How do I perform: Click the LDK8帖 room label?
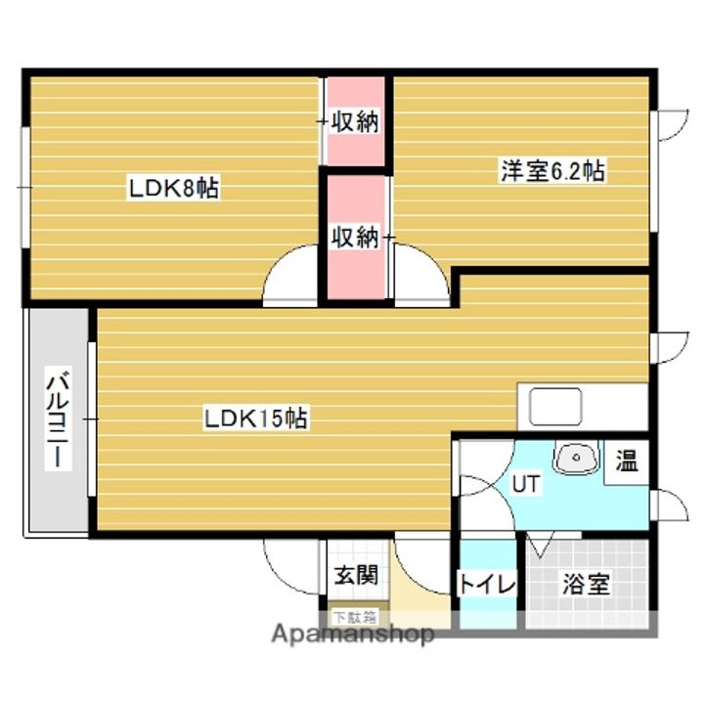coord(174,188)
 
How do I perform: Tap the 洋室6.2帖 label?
coord(552,172)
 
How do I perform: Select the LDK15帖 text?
coord(256,419)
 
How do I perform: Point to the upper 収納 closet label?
coord(354,122)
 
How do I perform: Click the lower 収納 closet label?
coord(354,238)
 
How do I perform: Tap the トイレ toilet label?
coord(486,585)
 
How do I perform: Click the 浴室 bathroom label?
coord(586,585)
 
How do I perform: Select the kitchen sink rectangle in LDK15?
coord(555,405)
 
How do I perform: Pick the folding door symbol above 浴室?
coord(542,546)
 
